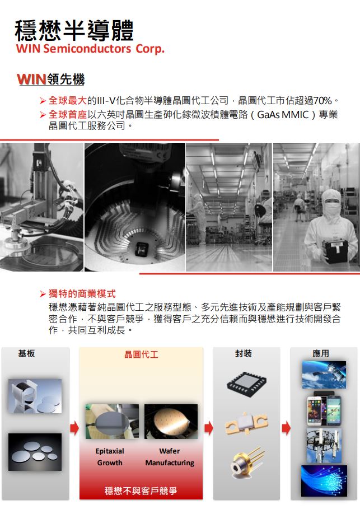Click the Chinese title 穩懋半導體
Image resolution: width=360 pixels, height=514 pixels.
coord(74,30)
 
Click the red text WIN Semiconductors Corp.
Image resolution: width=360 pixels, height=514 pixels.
coord(90,49)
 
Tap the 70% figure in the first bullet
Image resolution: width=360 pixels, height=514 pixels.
coord(322,100)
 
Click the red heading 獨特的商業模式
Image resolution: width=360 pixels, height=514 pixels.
coord(82,293)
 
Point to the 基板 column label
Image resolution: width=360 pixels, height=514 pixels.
coord(26,353)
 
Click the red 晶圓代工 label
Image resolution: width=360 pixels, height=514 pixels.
coord(141,354)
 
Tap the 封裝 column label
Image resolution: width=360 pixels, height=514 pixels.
coord(244,353)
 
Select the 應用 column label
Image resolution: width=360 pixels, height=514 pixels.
coord(321,353)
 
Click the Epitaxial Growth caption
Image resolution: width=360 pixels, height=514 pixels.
coord(110,457)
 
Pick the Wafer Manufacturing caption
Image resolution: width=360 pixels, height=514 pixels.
coord(170,457)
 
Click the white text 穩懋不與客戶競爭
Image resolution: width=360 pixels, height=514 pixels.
coord(141,490)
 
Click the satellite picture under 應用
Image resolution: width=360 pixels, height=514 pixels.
coord(324,375)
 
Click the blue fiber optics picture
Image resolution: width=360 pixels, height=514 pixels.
coord(324,480)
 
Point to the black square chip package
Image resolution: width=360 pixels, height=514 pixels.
coord(246,382)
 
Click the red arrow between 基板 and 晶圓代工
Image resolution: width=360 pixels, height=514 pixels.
coord(74,428)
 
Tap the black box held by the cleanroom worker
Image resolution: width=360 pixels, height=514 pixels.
coord(335,252)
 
